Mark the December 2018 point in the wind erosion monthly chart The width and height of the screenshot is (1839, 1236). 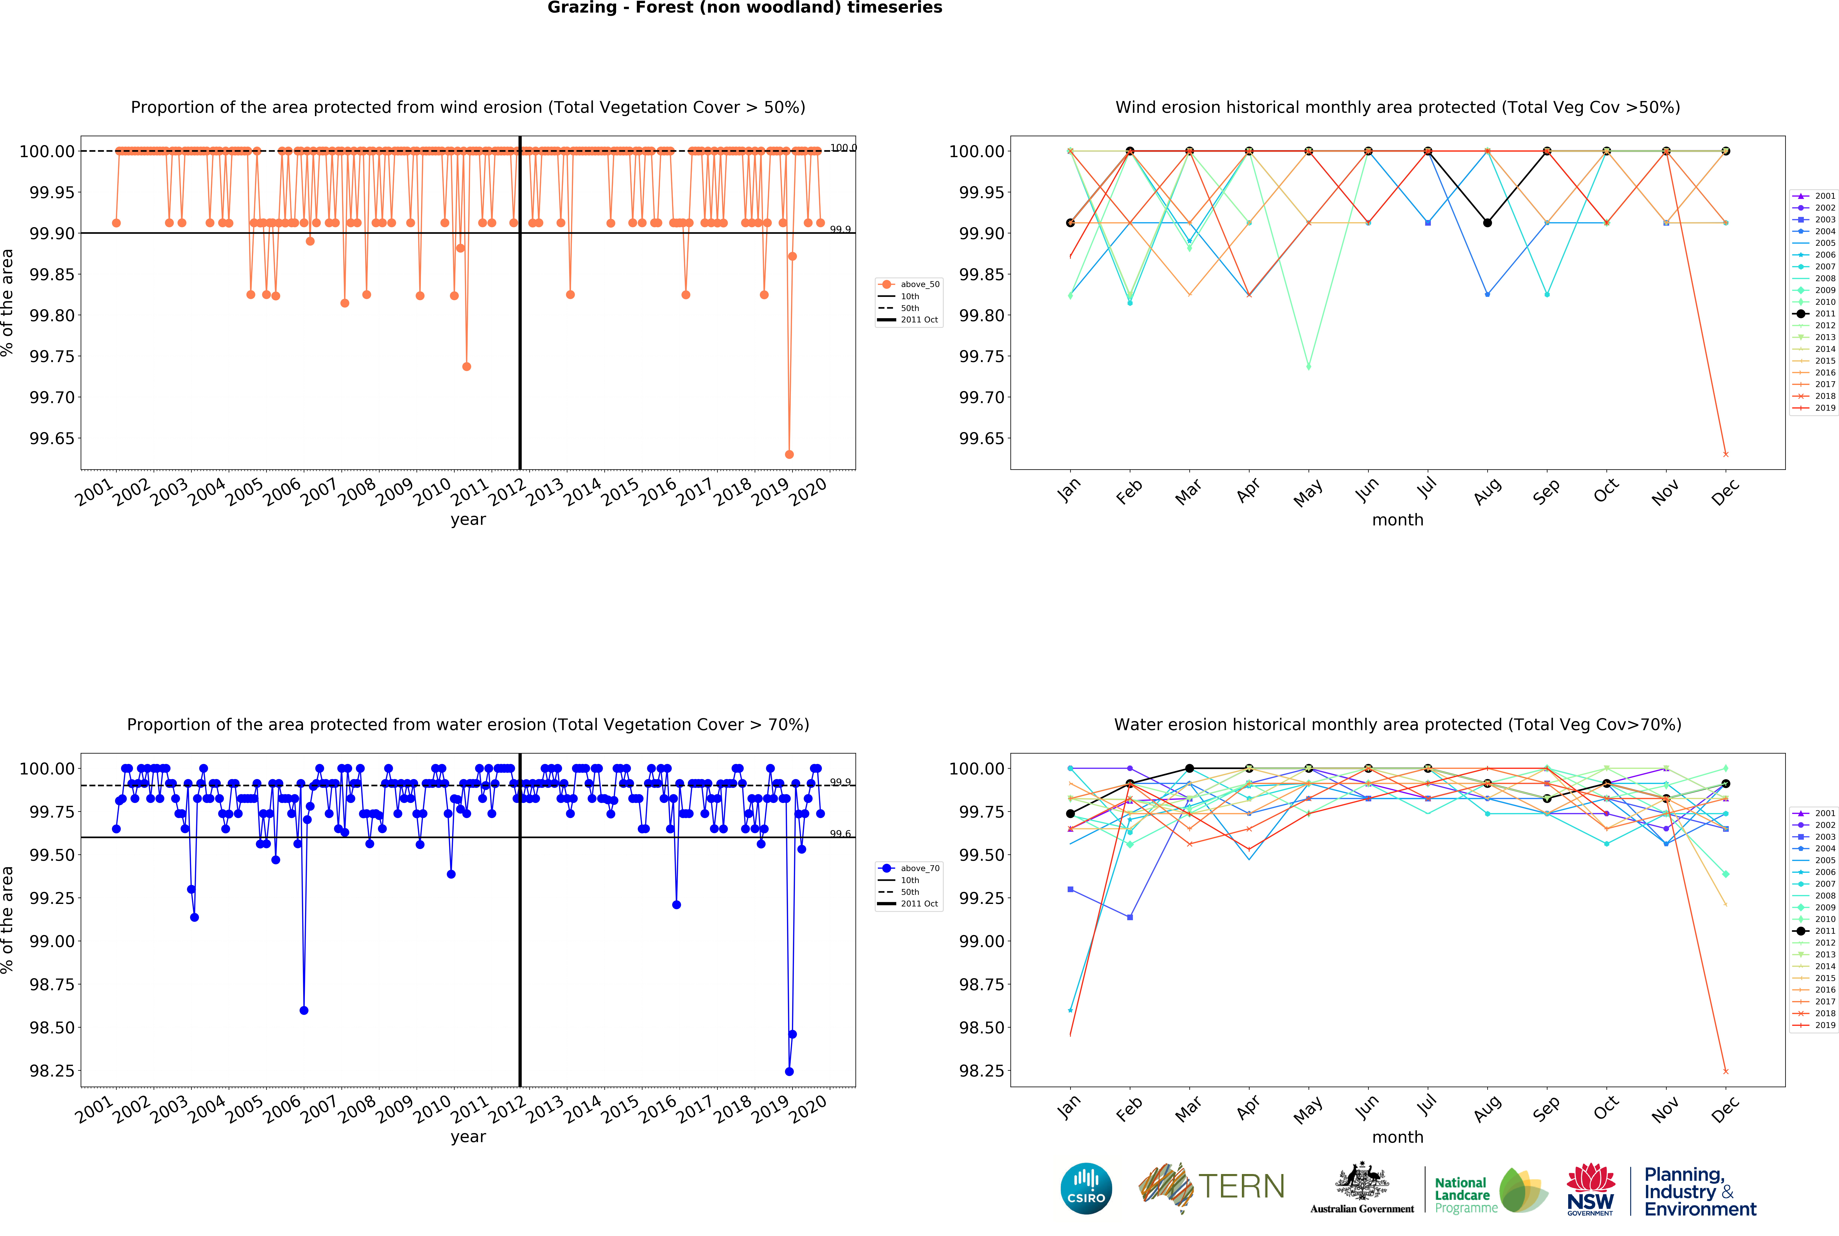click(1726, 454)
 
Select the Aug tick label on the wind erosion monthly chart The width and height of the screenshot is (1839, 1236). click(1487, 492)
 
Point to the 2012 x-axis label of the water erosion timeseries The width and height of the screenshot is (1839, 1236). click(507, 1109)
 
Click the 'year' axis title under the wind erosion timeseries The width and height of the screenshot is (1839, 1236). click(468, 519)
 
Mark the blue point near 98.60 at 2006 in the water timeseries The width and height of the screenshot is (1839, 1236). click(304, 1011)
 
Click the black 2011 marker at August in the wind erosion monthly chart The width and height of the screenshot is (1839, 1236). click(1487, 223)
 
